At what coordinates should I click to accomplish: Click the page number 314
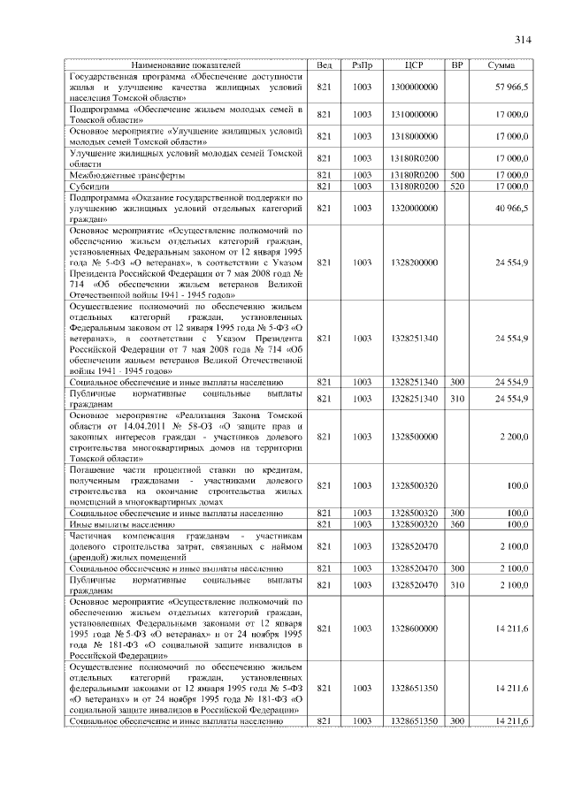521,40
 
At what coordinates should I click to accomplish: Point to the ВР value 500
457,175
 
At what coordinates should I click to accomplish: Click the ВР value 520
457,187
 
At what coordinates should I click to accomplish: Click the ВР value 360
457,524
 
